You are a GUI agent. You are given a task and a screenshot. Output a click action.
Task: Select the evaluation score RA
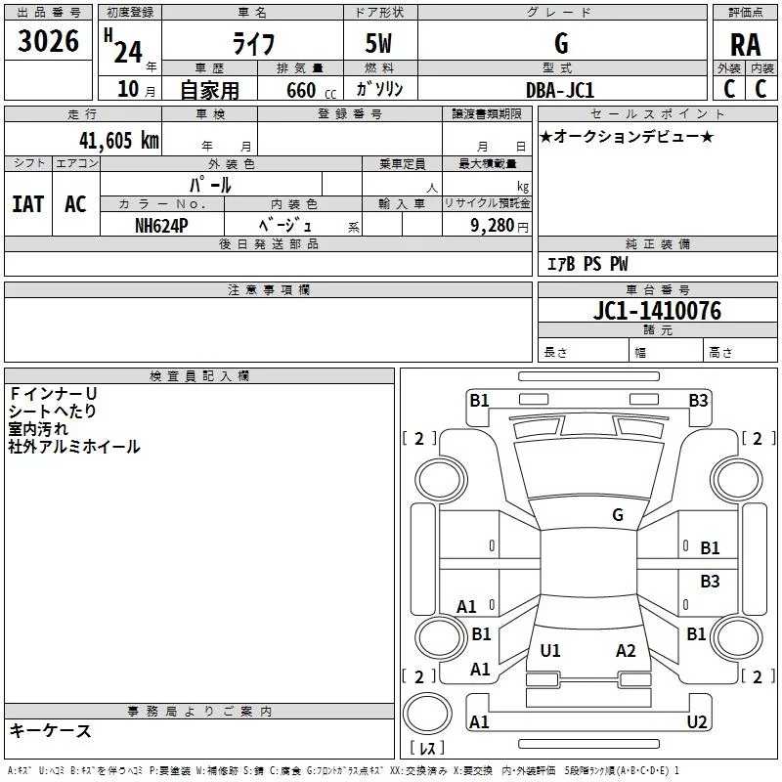coord(745,45)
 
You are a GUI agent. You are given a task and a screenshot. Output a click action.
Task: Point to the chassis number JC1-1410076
coord(657,312)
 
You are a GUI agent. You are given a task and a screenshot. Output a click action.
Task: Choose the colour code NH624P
coord(161,224)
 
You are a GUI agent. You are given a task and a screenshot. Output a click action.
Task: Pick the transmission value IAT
coord(27,203)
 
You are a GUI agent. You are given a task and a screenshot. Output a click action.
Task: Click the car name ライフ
coord(251,44)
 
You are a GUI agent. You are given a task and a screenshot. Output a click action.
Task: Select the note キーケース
coord(51,731)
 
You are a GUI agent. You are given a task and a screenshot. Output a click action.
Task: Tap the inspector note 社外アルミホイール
coord(74,447)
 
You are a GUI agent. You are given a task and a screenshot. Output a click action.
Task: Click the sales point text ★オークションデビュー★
coord(626,136)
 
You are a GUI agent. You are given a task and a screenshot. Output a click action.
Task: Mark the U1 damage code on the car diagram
coord(550,650)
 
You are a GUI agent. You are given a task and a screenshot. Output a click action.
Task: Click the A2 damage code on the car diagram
coord(627,650)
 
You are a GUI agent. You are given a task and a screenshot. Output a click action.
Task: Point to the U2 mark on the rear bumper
coord(697,722)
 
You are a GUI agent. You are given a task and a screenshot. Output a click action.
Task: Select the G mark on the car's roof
coord(618,515)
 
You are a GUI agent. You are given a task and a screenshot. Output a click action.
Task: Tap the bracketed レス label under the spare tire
coord(426,748)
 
